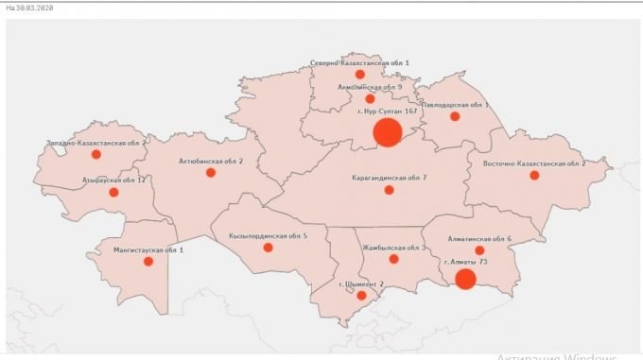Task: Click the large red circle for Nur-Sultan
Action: pyautogui.click(x=388, y=132)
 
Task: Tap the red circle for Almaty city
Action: pyautogui.click(x=464, y=279)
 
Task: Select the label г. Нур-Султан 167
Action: pyautogui.click(x=388, y=111)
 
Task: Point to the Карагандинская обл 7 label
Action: pyautogui.click(x=389, y=177)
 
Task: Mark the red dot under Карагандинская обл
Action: pyautogui.click(x=389, y=190)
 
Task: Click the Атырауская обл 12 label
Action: pyautogui.click(x=113, y=180)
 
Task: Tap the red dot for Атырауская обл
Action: pyautogui.click(x=113, y=193)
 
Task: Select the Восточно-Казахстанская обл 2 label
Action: pyautogui.click(x=534, y=163)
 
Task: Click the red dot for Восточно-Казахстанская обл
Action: pyautogui.click(x=534, y=175)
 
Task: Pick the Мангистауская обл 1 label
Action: pyautogui.click(x=148, y=249)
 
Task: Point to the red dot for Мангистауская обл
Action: pyautogui.click(x=148, y=262)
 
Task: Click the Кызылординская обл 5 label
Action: pyautogui.click(x=268, y=235)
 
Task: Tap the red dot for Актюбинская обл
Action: pyautogui.click(x=211, y=173)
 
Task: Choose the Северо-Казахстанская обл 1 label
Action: pyautogui.click(x=359, y=63)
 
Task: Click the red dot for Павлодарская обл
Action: pyautogui.click(x=455, y=117)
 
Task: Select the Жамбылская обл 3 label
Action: pyautogui.click(x=393, y=248)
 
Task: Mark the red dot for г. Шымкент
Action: pyautogui.click(x=360, y=296)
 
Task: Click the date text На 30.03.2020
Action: pyautogui.click(x=29, y=7)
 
